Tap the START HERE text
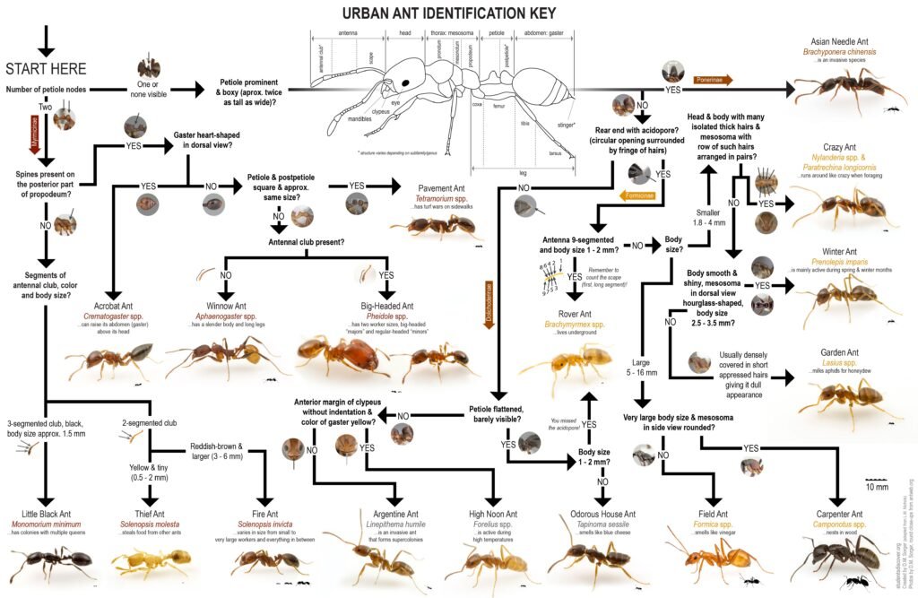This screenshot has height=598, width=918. [46, 69]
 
